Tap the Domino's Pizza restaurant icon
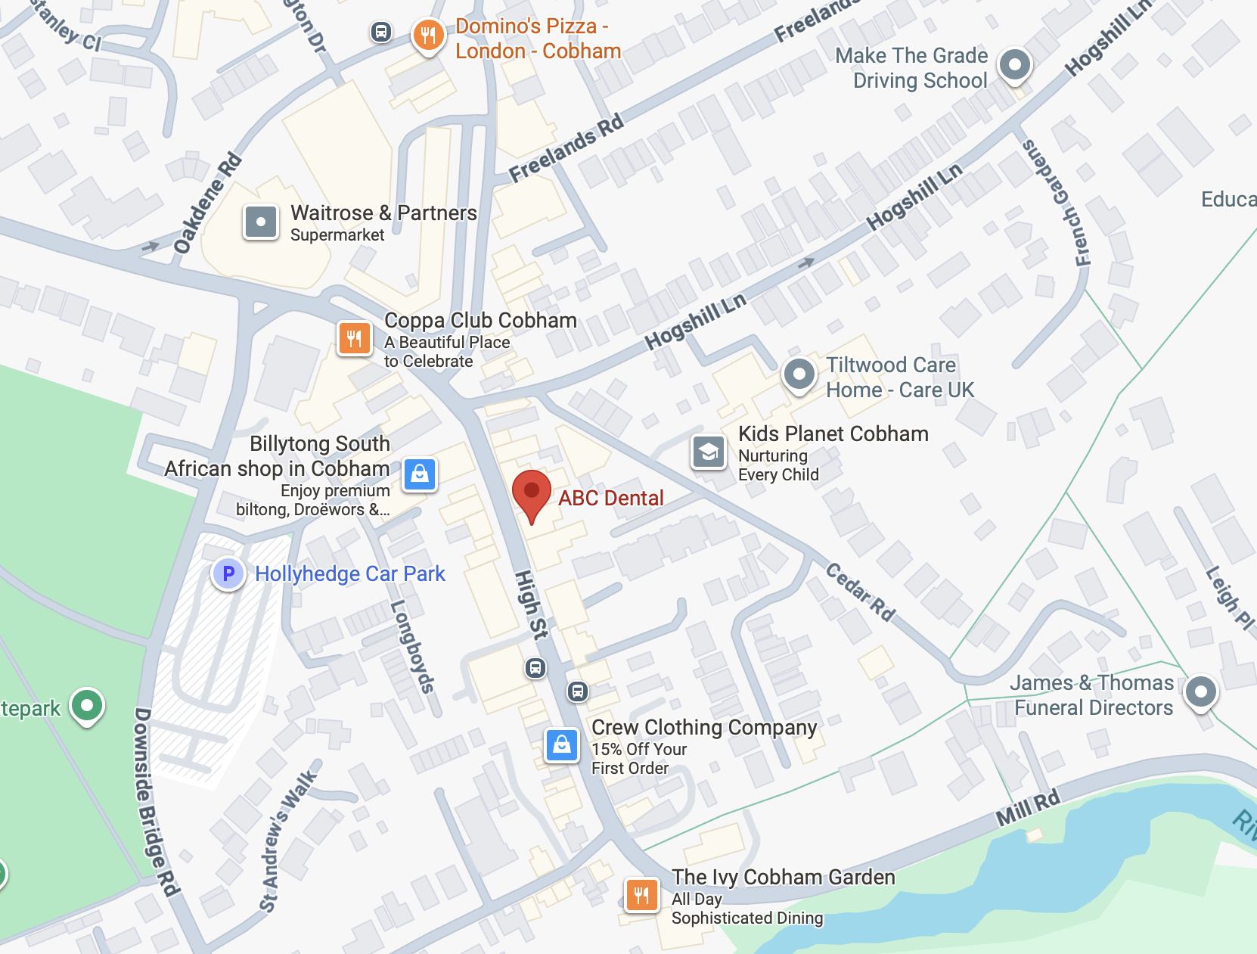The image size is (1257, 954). (x=428, y=35)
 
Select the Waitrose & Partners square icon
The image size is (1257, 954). (x=261, y=222)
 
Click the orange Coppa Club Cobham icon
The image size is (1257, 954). (x=355, y=337)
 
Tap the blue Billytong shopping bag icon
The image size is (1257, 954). (x=420, y=474)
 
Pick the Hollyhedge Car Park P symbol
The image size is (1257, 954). (x=228, y=573)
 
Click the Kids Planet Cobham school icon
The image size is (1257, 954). (x=709, y=452)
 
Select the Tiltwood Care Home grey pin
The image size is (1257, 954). (x=799, y=374)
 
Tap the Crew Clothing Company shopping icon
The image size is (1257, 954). (x=562, y=745)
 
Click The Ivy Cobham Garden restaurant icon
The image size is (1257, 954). (x=641, y=896)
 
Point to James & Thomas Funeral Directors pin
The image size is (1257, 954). (x=1201, y=691)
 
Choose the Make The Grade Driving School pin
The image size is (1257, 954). (x=1014, y=65)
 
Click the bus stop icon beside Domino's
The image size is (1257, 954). (x=381, y=32)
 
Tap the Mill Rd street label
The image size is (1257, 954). (x=1028, y=808)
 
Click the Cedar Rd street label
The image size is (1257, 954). (x=860, y=592)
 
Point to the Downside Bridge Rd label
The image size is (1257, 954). (x=156, y=802)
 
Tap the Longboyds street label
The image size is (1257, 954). (x=412, y=646)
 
